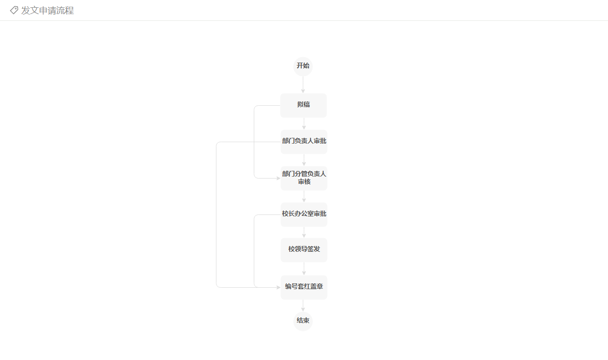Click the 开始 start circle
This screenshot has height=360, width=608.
(x=303, y=66)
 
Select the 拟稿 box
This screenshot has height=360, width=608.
(x=303, y=105)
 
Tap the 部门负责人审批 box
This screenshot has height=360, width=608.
(x=304, y=142)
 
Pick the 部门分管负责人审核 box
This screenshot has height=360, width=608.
(x=304, y=178)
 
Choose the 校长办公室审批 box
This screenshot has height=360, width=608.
(x=304, y=214)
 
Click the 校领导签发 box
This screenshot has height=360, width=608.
(x=304, y=250)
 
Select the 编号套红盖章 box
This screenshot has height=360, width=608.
(x=304, y=287)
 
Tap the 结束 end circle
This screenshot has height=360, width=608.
(x=303, y=321)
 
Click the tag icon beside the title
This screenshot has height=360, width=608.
(x=14, y=10)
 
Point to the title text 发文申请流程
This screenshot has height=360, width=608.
(x=48, y=11)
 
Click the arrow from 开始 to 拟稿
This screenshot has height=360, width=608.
(x=303, y=85)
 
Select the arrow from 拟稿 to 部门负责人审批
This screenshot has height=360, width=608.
(x=304, y=124)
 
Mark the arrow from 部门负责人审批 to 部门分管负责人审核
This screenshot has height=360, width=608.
(x=304, y=160)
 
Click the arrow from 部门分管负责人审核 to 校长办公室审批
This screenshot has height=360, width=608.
(x=304, y=196)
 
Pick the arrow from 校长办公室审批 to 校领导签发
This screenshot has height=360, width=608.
(x=304, y=232)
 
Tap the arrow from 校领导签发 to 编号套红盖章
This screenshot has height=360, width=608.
(x=304, y=269)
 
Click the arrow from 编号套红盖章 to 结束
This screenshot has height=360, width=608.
(x=303, y=306)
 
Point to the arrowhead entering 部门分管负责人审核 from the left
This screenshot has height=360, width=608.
(x=279, y=178)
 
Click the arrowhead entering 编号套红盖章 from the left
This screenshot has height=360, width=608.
(x=279, y=287)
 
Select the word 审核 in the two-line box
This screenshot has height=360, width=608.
(x=304, y=181)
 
